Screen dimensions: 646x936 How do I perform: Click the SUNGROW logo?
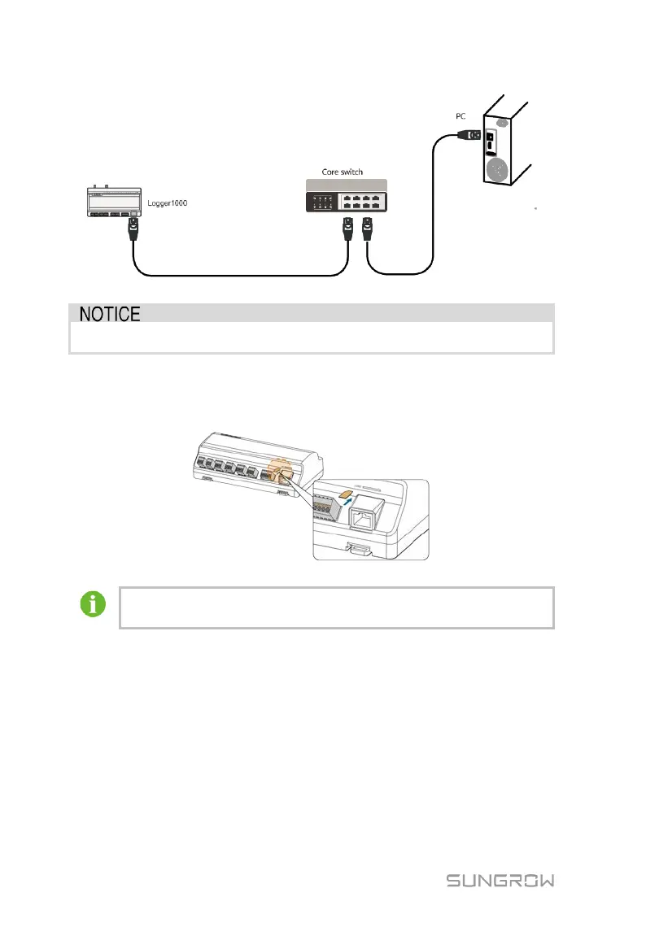point(500,881)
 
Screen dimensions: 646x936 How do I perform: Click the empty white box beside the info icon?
point(336,607)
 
